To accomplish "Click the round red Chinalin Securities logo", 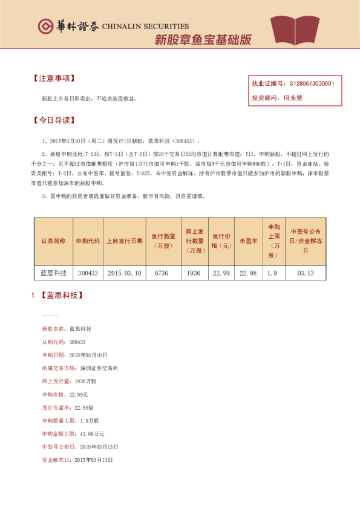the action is point(46,27).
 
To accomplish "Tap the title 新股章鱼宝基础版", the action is point(203,41).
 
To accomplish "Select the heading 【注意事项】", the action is point(54,79).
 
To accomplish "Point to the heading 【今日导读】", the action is point(54,120).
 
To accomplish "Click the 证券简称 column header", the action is point(53,241).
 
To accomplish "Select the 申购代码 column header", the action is point(88,241).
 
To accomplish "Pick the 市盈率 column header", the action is point(248,241).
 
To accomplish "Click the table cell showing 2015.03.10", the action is point(124,273).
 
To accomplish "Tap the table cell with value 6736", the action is point(161,273).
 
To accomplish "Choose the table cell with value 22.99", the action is point(221,273).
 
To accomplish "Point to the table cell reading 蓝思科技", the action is point(53,273).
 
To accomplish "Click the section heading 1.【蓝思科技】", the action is point(57,296).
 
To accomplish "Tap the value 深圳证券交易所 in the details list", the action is point(99,368).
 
